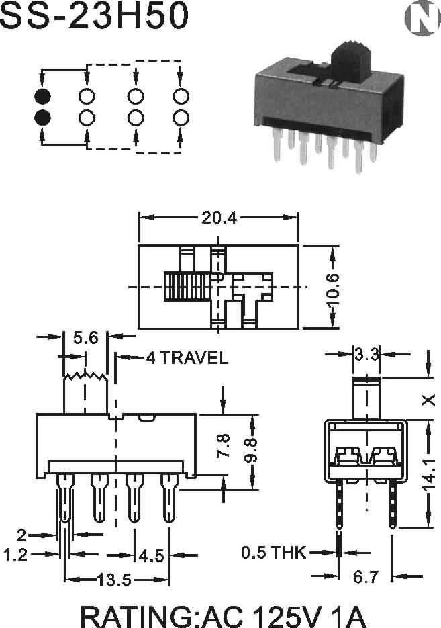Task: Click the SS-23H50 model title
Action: (x=95, y=15)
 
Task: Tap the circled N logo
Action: (x=422, y=17)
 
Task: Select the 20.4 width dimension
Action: (x=219, y=218)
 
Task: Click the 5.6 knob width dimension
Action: (x=86, y=338)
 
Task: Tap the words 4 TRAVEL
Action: (x=187, y=357)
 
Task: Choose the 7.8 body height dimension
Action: (x=224, y=446)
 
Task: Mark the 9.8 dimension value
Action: (x=251, y=450)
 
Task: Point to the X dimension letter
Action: (x=429, y=400)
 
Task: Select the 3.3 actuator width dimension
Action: (x=366, y=354)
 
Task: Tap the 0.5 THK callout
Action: (x=274, y=553)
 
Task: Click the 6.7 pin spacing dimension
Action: (x=366, y=577)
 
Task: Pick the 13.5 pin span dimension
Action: (x=115, y=580)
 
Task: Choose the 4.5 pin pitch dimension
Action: (x=152, y=556)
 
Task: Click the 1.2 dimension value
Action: (x=15, y=555)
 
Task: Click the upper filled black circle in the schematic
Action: (x=42, y=97)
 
